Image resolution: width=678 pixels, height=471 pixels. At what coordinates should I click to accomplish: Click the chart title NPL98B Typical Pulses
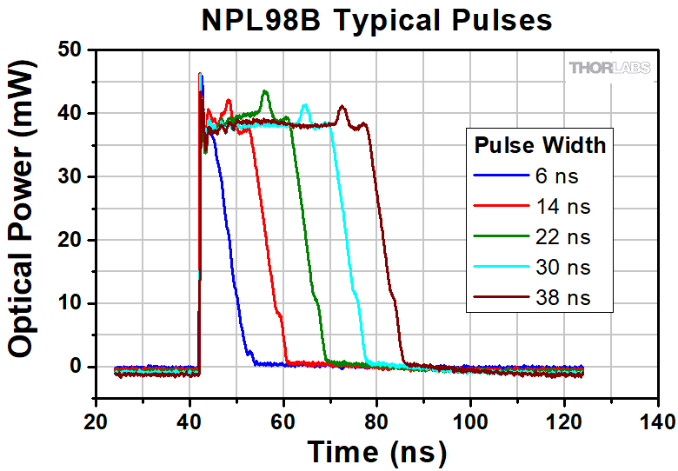(376, 19)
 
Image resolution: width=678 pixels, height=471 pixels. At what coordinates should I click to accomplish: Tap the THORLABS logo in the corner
(609, 68)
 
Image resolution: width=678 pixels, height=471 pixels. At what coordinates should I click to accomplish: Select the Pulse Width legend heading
(539, 144)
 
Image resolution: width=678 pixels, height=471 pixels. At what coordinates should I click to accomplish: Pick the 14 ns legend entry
(562, 207)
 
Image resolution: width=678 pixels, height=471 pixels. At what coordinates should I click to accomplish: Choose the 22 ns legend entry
(562, 237)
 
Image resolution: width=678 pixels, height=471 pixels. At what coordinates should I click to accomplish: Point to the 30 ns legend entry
(562, 268)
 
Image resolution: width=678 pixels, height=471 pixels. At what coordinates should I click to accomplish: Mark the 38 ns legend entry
(562, 298)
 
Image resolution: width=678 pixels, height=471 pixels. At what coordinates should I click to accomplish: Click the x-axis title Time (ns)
(376, 451)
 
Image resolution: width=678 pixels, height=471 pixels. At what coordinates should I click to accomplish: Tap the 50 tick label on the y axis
(70, 50)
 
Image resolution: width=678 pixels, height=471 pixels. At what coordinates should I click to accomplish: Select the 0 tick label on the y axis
(76, 367)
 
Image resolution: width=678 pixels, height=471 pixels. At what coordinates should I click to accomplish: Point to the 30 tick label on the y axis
(70, 176)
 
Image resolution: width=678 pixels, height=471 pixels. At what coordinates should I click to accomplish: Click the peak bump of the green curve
(265, 92)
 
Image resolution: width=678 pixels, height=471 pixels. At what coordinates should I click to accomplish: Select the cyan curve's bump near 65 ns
(305, 107)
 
